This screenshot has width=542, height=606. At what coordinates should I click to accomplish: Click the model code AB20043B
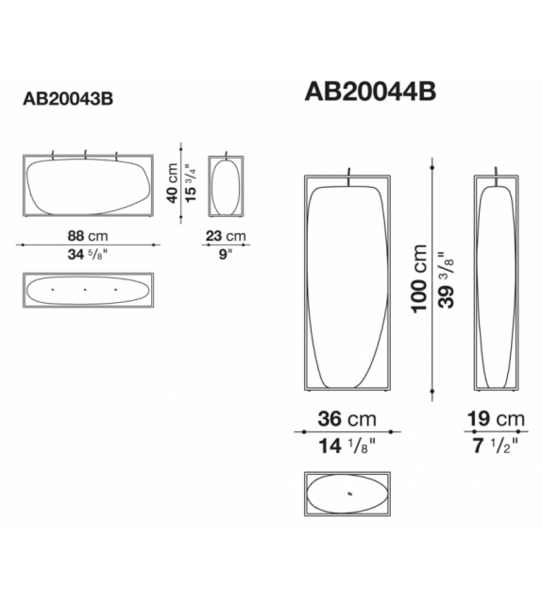pyautogui.click(x=68, y=98)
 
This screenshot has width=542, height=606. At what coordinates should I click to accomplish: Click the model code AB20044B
pyautogui.click(x=370, y=92)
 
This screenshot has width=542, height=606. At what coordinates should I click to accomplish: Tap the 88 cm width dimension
pyautogui.click(x=88, y=236)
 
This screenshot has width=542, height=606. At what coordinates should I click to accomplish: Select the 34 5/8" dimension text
pyautogui.click(x=88, y=254)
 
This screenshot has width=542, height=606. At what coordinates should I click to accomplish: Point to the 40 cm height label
pyautogui.click(x=172, y=183)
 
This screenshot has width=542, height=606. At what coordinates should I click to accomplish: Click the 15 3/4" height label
pyautogui.click(x=191, y=183)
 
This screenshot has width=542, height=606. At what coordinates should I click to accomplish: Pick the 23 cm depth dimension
pyautogui.click(x=226, y=236)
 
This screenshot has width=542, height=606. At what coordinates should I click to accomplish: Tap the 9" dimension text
pyautogui.click(x=225, y=254)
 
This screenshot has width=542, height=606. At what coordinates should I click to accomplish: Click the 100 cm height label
pyautogui.click(x=419, y=278)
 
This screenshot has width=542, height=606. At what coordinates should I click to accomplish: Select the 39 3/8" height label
pyautogui.click(x=446, y=280)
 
